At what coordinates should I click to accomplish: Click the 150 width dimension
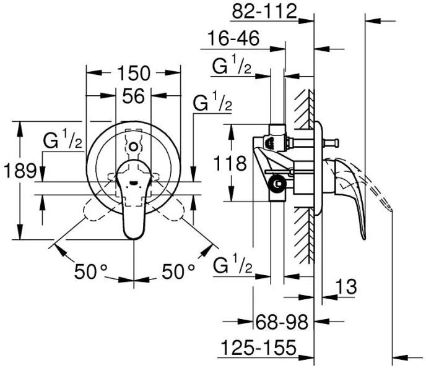pyautogui.click(x=133, y=73)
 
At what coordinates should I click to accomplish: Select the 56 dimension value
pyautogui.click(x=133, y=96)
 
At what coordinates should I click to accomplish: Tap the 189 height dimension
pyautogui.click(x=20, y=171)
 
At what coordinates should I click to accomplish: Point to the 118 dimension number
pyautogui.click(x=230, y=163)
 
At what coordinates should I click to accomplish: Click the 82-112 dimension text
pyautogui.click(x=264, y=12)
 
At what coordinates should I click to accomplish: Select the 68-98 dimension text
pyautogui.click(x=282, y=322)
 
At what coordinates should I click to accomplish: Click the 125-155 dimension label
pyautogui.click(x=258, y=348)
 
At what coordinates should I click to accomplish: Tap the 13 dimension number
pyautogui.click(x=346, y=286)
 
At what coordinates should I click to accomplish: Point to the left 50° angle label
pyautogui.click(x=91, y=271)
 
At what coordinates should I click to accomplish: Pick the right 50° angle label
pyautogui.click(x=178, y=271)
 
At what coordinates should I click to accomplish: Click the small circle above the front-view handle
pyautogui.click(x=133, y=147)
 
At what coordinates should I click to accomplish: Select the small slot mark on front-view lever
pyautogui.click(x=134, y=182)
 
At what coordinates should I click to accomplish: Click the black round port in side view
pyautogui.click(x=277, y=184)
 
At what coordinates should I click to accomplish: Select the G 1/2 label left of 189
pyautogui.click(x=63, y=139)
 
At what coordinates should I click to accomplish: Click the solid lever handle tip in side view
pyautogui.click(x=364, y=237)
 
